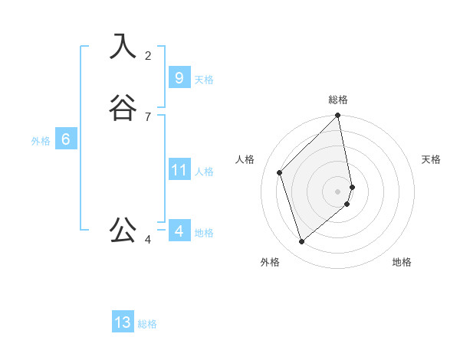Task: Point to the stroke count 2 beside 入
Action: pos(148,55)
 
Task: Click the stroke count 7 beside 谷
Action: pos(148,116)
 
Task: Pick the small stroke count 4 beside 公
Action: pos(148,240)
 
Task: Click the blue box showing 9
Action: pos(179,77)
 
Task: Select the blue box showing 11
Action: pos(179,169)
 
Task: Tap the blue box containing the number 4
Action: pos(179,231)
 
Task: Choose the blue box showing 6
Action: pos(66,139)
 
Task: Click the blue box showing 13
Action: pos(123,322)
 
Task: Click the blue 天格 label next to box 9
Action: pos(204,80)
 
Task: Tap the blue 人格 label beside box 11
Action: pos(205,172)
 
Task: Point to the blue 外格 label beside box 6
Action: pos(41,141)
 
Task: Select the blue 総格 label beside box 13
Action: pos(147,324)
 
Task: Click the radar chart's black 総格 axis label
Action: pos(338,100)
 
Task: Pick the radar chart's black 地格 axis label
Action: pos(402,262)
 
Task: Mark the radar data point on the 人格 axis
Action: pos(280,172)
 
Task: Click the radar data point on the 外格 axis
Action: pos(302,242)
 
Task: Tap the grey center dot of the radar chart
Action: pos(338,191)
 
